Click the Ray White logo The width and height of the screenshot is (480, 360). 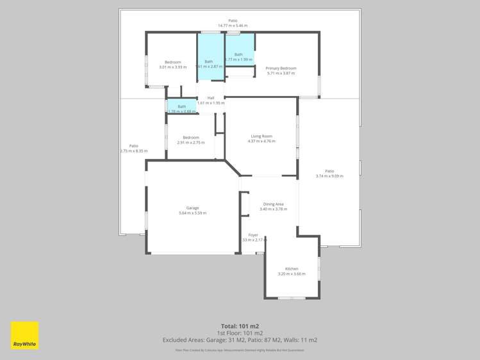pos(24,335)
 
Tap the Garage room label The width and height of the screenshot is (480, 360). pos(192,208)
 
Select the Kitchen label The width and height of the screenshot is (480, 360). pos(292,268)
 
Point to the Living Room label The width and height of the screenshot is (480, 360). pos(261,136)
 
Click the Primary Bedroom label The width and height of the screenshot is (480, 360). pos(281,68)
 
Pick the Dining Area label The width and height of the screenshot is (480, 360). pos(273,204)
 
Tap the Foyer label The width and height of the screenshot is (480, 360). pos(253,234)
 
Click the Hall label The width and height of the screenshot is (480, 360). pos(210,97)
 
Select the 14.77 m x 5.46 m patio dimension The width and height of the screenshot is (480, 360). pos(232,25)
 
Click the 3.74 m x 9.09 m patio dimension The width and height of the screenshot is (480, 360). pos(329,176)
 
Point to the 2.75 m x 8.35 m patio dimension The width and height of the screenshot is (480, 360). pos(133,151)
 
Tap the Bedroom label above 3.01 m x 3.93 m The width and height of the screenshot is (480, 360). pos(172,62)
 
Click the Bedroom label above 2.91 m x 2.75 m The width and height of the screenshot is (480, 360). pos(191,137)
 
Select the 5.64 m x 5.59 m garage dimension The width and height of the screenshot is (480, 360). pos(192,213)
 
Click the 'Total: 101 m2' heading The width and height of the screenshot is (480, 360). pos(240,326)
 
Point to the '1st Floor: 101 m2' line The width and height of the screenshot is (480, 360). pos(240,333)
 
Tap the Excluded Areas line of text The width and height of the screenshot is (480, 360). pos(240,340)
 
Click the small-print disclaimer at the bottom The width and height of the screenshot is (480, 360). pos(240,350)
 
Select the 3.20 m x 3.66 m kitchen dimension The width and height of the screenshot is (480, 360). pos(292,274)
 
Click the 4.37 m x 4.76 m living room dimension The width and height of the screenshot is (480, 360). pos(261,141)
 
